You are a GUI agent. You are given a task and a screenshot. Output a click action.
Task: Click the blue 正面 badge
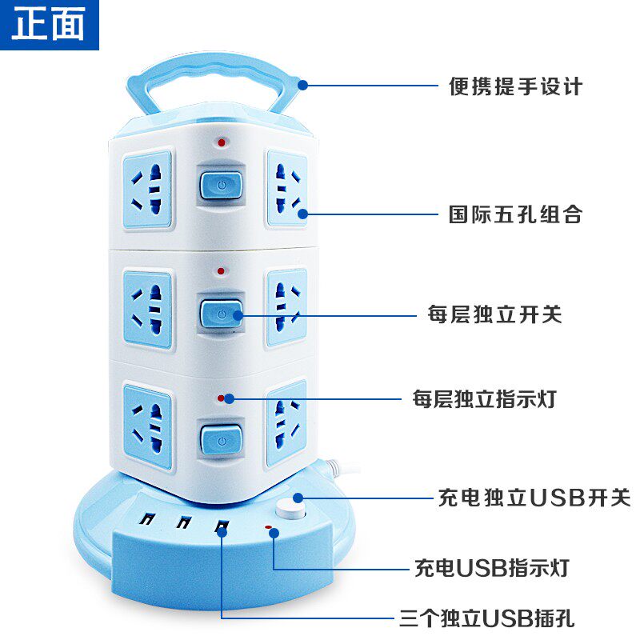coord(50,25)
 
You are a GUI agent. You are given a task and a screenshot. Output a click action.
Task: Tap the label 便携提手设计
coord(515,86)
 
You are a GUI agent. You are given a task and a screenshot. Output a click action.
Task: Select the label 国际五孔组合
coord(515,214)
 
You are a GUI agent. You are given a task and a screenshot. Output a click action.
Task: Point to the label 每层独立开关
coord(494,314)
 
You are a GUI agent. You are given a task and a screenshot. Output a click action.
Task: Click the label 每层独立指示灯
coord(485,398)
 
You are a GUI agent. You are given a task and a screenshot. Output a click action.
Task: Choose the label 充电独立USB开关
coord(534,498)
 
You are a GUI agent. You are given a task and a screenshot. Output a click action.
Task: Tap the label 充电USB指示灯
coord(492,568)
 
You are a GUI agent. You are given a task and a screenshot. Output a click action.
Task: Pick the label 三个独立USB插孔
coord(487,618)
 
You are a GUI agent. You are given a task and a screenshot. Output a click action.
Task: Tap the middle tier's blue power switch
coord(221,314)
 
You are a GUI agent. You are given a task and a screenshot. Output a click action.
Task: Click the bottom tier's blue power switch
coord(222,440)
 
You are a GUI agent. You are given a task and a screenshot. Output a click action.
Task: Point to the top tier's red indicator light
coord(222,142)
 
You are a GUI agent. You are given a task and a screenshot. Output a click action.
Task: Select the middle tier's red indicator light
coord(221,271)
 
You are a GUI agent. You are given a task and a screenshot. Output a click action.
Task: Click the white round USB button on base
coord(290,509)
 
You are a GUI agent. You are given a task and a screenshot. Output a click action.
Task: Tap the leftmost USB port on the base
coord(147,518)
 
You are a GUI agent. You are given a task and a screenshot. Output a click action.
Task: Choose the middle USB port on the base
coord(185,522)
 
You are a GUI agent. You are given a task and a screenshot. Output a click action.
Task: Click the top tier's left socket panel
coord(147,190)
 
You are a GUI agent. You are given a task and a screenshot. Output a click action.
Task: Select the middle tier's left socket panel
coord(147,310)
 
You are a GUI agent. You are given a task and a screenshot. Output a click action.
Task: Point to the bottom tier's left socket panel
coord(147,426)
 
